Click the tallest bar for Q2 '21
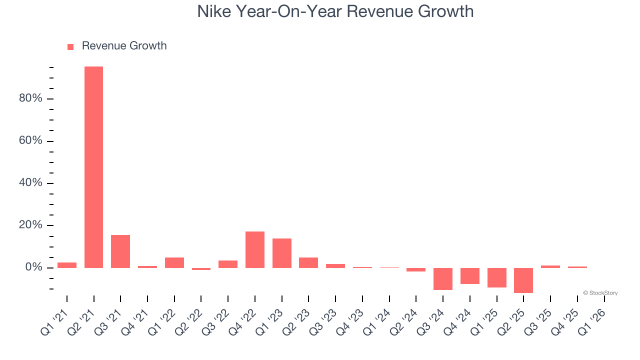click(93, 167)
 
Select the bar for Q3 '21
click(120, 251)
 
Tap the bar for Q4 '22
click(255, 249)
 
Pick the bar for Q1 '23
click(282, 253)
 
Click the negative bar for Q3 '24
click(443, 278)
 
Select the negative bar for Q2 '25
click(523, 280)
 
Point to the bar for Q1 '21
click(67, 265)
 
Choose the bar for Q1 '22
click(174, 262)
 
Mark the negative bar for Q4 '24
click(470, 275)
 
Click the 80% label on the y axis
click(30, 98)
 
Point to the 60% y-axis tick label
click(30, 140)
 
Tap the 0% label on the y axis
click(33, 267)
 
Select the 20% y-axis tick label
click(30, 225)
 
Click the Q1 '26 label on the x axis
click(594, 320)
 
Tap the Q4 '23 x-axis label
click(352, 320)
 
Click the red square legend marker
click(70, 46)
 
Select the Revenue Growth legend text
click(124, 46)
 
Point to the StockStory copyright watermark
click(600, 293)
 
